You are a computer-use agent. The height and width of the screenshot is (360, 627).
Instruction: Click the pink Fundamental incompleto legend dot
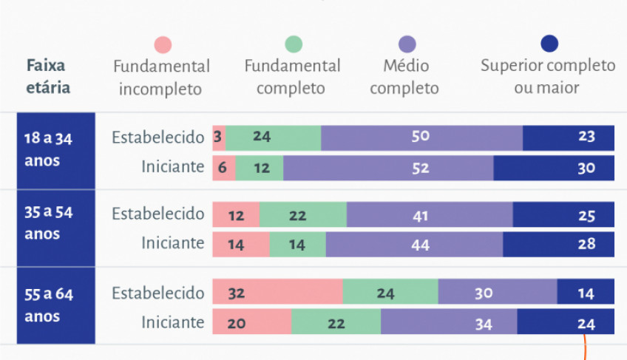[x=162, y=44]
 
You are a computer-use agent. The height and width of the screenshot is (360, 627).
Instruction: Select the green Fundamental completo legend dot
[x=293, y=44]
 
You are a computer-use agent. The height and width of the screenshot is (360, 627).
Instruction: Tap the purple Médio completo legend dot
[x=406, y=44]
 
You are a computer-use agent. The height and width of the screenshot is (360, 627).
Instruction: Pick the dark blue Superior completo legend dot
[x=549, y=44]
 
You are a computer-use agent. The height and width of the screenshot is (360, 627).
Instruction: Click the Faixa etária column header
[x=48, y=76]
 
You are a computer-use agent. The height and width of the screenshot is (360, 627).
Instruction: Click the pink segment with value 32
[x=277, y=293]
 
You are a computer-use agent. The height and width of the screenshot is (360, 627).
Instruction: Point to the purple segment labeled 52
[x=388, y=168]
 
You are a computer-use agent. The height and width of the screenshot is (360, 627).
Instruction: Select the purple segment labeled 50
[x=421, y=137]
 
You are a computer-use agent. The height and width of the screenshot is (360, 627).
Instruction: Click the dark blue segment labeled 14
[x=586, y=293]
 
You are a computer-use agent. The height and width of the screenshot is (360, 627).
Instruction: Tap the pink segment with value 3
[x=219, y=137]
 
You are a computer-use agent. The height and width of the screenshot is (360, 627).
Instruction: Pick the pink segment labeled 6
[x=223, y=168]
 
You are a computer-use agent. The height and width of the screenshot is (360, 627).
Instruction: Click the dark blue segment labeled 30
[x=554, y=168]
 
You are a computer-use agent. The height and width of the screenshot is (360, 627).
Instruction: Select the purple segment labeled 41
[x=430, y=215]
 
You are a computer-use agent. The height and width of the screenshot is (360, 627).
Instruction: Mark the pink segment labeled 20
[x=251, y=322]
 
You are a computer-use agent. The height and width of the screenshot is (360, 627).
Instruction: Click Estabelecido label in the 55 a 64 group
[x=157, y=293]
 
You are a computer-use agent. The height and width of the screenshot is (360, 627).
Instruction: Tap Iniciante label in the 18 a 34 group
[x=172, y=167]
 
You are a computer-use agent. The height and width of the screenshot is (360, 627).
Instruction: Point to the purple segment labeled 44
[x=414, y=245]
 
